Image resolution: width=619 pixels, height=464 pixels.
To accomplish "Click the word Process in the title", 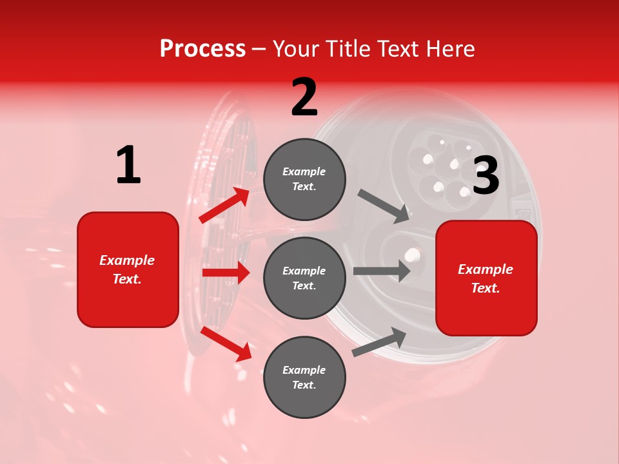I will pos(202,49).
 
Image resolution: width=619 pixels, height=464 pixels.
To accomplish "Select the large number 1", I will pos(128,166).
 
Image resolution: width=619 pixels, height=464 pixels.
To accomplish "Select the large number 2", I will pos(304,97).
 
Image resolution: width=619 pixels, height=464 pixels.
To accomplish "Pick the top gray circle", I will pos(304,179).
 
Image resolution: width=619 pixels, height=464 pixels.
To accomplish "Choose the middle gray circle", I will pos(304,278).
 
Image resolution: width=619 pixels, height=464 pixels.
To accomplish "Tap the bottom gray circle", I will pos(304,377).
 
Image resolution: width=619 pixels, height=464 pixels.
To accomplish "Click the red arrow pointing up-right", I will pos(224,206).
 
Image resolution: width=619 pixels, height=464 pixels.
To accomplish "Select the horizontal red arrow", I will pos(226,273).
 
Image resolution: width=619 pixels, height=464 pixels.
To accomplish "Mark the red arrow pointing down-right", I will pos(226,343).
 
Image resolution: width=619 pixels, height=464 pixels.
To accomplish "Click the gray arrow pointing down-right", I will pos(384,206).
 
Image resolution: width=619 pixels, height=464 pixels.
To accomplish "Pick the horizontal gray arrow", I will pos(381,271).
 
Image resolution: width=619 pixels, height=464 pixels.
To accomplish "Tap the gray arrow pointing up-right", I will pos(379,342).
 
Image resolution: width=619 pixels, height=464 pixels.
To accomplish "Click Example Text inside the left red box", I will pos(128,269).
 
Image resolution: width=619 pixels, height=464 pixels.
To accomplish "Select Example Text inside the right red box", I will pos(486,278).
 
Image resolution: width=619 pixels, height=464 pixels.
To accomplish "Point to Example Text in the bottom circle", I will pos(304,377).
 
